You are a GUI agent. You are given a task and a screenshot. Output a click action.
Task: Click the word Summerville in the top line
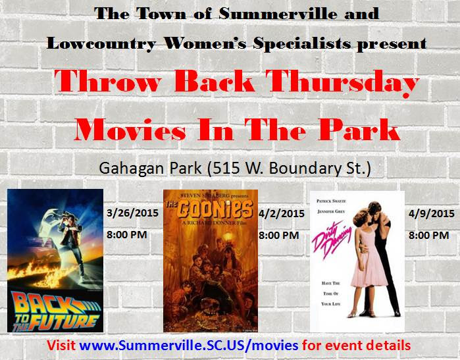point(278,14)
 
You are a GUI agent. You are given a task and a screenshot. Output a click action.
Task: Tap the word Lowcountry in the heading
point(101,43)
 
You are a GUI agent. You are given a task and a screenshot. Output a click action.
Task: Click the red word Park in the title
point(359,130)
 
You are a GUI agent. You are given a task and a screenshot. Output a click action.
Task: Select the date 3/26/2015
point(132,213)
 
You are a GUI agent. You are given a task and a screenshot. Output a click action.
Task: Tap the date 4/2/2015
point(282,214)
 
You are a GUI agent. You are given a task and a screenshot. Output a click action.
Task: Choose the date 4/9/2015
point(431,214)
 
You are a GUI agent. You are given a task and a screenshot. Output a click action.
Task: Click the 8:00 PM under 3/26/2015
point(127,235)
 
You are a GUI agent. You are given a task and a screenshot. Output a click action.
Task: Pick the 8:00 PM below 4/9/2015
point(428,236)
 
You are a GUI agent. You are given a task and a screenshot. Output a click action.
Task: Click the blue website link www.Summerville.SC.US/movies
point(189,346)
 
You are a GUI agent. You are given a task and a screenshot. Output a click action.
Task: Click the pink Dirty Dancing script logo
point(331,239)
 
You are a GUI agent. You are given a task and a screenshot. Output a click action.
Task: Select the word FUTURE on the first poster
point(63,322)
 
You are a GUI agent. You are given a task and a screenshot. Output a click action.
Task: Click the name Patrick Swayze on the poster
point(331,201)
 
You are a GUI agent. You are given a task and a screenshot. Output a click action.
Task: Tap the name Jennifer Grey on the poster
point(331,211)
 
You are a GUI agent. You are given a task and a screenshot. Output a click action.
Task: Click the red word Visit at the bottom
point(61,346)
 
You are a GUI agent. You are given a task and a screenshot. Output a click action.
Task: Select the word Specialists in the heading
point(302,43)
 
